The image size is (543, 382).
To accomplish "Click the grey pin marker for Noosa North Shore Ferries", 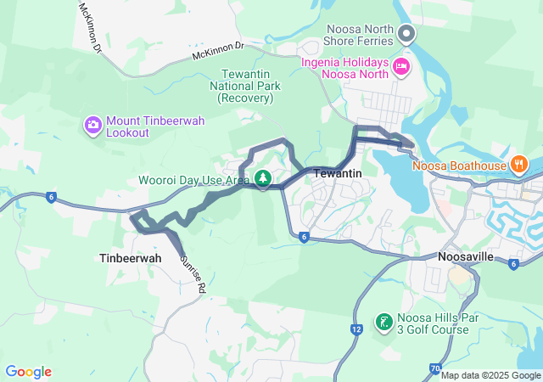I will click(x=406, y=34).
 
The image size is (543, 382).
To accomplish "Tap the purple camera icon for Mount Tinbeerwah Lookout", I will click(x=92, y=126).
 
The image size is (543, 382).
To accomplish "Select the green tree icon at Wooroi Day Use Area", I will click(x=263, y=177).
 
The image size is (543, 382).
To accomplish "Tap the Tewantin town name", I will click(x=338, y=173).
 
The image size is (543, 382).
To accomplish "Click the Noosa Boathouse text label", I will click(x=459, y=166).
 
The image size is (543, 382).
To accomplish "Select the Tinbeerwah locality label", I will click(x=125, y=257).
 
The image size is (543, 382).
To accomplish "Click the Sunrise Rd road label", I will click(x=193, y=272).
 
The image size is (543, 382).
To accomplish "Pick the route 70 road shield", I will click(x=434, y=368).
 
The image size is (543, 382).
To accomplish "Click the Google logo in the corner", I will click(x=29, y=372).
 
